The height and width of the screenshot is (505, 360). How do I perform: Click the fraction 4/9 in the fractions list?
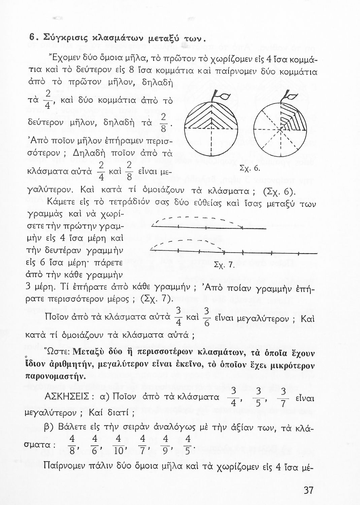[165, 445]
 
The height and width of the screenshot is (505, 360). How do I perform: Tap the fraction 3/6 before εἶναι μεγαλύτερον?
[207, 317]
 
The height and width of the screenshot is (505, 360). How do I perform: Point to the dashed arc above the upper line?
[199, 219]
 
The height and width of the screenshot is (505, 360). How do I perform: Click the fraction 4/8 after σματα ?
[72, 445]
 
